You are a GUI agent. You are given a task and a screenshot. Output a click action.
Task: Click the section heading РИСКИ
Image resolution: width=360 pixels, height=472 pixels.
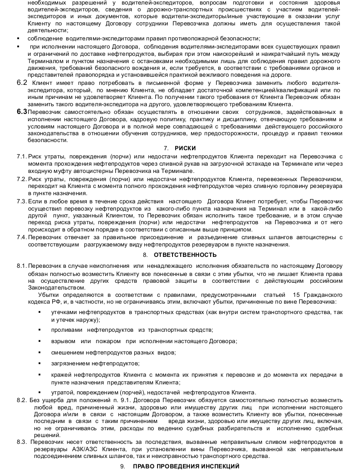(185, 148)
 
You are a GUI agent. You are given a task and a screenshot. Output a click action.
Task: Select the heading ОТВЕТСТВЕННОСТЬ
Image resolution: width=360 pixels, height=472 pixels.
(185, 255)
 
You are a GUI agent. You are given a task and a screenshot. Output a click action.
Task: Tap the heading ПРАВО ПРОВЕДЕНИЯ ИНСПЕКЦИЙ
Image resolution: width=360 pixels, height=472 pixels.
(186, 467)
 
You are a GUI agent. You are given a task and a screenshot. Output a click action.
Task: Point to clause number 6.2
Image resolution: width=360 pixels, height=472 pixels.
(21, 83)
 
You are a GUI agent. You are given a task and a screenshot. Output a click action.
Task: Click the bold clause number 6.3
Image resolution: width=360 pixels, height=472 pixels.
(21, 112)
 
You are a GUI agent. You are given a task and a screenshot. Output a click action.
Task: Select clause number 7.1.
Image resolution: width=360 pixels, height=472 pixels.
(22, 157)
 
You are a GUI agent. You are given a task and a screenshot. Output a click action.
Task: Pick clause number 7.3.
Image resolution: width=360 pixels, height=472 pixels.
(22, 201)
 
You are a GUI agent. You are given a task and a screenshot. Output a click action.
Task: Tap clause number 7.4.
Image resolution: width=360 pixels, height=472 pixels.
(22, 237)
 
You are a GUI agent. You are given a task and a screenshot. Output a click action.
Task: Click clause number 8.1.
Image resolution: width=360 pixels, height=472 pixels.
(22, 265)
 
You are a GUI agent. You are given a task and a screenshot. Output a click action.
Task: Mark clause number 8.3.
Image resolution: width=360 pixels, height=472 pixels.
(22, 442)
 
